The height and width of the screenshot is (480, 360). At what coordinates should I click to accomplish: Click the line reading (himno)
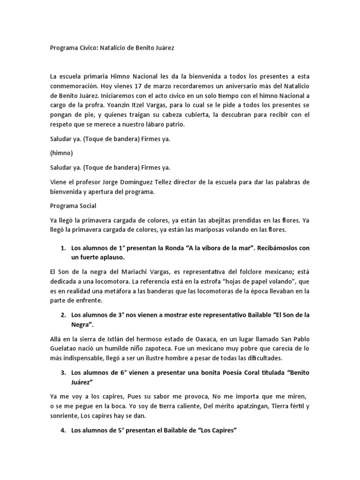click(60, 153)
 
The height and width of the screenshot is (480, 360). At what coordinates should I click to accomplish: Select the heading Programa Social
click(73, 205)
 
